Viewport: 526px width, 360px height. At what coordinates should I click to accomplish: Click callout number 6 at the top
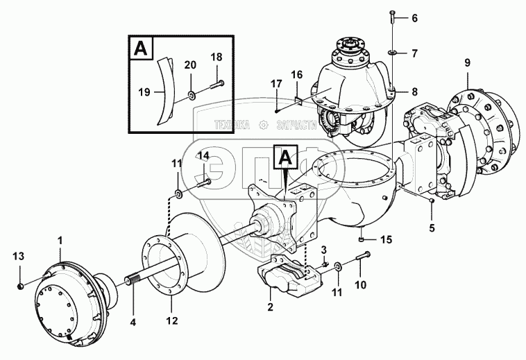415,18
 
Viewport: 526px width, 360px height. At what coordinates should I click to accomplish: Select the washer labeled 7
393,51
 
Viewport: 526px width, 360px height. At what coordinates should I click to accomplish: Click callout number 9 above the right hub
467,62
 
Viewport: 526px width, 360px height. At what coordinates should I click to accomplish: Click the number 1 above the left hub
60,240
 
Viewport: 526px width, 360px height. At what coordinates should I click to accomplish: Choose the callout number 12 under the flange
171,320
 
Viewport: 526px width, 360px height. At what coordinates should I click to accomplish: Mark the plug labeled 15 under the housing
362,240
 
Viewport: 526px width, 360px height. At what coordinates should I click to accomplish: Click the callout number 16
296,74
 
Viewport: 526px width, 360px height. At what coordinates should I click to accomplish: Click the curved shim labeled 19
164,90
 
